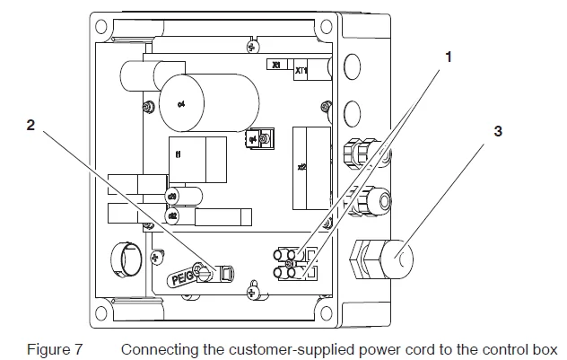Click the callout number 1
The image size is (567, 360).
pyautogui.click(x=448, y=56)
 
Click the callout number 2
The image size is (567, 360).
pyautogui.click(x=31, y=127)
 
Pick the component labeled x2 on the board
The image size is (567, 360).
pyautogui.click(x=304, y=165)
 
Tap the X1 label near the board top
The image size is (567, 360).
pyautogui.click(x=276, y=66)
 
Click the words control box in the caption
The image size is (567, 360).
pyautogui.click(x=527, y=348)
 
